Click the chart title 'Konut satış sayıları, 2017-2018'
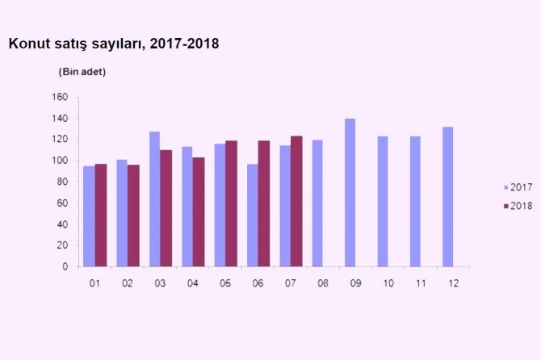[x=113, y=44]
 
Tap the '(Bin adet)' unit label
[x=82, y=72]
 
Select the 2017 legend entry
[x=514, y=187]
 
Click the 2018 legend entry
[x=514, y=206]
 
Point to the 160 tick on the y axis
[x=59, y=98]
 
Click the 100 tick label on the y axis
[x=59, y=161]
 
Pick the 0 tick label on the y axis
[x=65, y=267]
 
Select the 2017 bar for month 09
[x=350, y=193]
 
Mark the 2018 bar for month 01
[x=100, y=215]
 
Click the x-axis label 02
[x=128, y=283]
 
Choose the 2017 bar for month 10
[x=383, y=201]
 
